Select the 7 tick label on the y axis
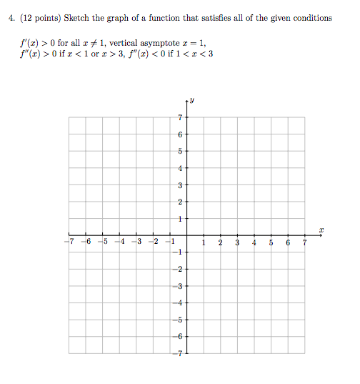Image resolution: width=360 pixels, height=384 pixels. click(181, 117)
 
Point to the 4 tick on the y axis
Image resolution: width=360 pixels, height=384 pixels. click(181, 168)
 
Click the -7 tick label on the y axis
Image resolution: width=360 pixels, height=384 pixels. click(180, 354)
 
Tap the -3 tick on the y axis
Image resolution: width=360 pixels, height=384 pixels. click(180, 286)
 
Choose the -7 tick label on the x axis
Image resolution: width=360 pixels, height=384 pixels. click(69, 242)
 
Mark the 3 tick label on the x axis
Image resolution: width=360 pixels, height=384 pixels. click(237, 242)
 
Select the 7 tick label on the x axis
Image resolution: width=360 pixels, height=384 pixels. click(304, 242)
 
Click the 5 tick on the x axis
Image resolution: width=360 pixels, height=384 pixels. click(271, 242)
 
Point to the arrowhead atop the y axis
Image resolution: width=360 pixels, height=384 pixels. click(186, 100)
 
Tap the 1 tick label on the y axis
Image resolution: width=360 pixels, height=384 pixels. click(181, 219)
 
